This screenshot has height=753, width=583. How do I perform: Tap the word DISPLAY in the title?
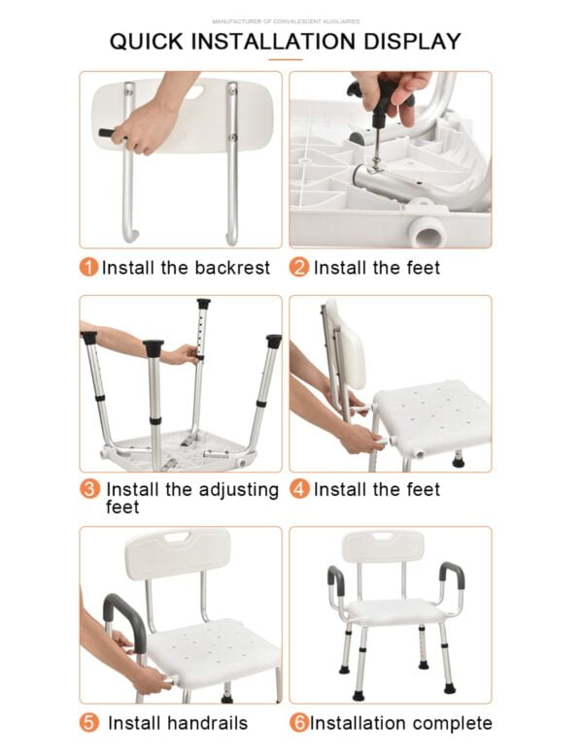point(412,42)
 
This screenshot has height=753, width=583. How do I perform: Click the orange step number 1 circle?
point(88,267)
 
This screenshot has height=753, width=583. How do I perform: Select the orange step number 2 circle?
point(300,267)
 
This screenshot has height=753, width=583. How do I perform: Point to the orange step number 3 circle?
point(88,490)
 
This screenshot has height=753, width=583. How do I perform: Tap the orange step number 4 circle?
point(300,490)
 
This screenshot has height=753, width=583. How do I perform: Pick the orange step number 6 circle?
point(299,723)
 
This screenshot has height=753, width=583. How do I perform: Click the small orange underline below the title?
point(285,60)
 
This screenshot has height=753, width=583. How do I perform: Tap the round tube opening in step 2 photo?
point(428,230)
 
